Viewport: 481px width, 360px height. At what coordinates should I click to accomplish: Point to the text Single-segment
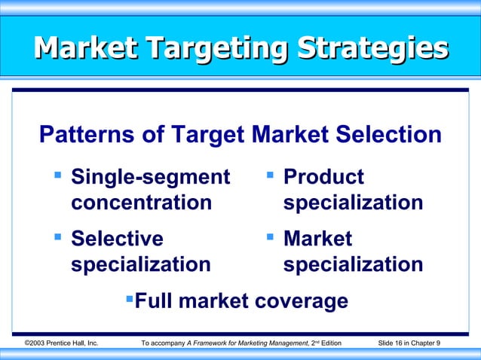coord(150,178)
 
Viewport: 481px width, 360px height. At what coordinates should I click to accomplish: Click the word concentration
coord(141,203)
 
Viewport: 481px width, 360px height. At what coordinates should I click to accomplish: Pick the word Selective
coord(117,239)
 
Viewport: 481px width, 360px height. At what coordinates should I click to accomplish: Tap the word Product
coord(323,178)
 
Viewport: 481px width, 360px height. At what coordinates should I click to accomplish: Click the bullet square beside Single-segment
coord(57,176)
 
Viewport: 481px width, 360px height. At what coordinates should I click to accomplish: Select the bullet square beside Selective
coord(57,237)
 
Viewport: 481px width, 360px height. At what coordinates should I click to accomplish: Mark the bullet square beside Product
coord(269,176)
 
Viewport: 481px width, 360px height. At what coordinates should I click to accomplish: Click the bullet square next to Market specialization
coord(269,237)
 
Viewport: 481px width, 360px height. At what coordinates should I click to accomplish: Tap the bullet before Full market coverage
coord(128,300)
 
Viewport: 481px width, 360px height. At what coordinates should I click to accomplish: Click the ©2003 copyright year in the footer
coord(36,344)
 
